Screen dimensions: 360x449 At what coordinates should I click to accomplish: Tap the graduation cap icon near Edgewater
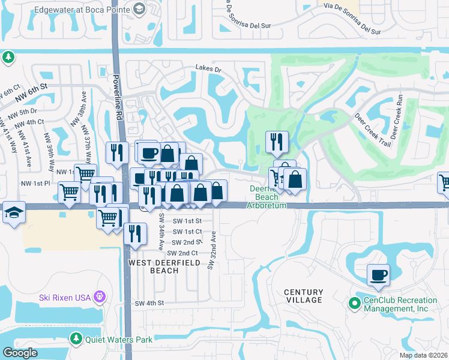(x=139, y=9)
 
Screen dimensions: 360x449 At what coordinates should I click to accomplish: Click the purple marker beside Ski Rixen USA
(x=100, y=297)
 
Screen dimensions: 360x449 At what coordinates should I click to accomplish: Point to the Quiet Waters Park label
(x=119, y=340)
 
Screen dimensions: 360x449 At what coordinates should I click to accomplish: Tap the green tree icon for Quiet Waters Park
(x=76, y=339)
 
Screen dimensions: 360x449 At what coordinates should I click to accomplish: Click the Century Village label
(x=303, y=296)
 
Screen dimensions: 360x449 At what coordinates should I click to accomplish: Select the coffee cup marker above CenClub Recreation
(x=378, y=275)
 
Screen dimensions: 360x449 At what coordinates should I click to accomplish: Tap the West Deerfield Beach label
(x=153, y=266)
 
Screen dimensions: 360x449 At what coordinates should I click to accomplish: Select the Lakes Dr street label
(x=208, y=70)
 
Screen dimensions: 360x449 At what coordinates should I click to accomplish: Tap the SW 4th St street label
(x=149, y=304)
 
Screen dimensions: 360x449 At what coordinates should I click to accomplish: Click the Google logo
(x=20, y=353)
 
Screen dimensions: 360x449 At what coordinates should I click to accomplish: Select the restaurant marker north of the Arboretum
(x=277, y=142)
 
